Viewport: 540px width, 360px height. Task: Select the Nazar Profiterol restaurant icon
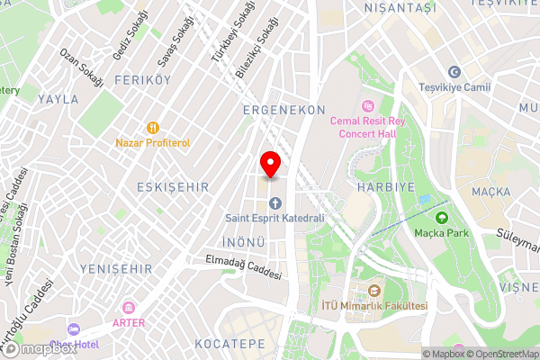[x=153, y=128]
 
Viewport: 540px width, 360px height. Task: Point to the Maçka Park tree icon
[x=441, y=217]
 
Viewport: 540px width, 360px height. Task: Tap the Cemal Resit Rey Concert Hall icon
[x=367, y=105]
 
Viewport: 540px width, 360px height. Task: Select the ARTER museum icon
[x=128, y=308]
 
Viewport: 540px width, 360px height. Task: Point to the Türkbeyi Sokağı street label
[x=220, y=39]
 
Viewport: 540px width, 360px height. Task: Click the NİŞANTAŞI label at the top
[x=400, y=7]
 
